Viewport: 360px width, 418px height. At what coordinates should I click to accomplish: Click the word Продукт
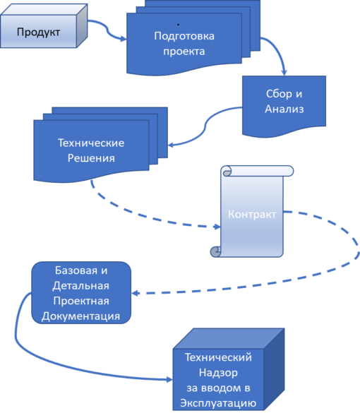coord(38,32)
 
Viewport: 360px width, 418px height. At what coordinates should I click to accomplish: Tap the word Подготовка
coord(184,36)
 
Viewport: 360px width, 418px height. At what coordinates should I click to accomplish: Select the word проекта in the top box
coord(184,51)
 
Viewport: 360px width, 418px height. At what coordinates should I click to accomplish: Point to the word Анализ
coord(284,109)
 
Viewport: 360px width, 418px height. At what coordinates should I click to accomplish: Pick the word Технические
coord(91,143)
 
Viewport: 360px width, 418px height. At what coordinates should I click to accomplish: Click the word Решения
coord(91,158)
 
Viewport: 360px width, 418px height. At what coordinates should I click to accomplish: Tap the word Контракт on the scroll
coord(252,215)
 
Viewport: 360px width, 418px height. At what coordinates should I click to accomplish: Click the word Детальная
coord(80,286)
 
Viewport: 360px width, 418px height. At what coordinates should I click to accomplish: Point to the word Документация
coord(80,316)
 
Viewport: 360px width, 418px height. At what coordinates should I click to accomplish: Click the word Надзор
coord(218,372)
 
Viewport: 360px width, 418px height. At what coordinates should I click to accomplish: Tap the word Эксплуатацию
coord(218,403)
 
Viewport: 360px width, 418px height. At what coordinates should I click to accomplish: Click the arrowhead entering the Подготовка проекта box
coord(124,39)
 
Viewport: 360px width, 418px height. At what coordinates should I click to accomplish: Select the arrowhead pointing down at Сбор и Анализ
coord(284,72)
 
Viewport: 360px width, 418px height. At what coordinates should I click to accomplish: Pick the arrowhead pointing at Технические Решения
coord(171,145)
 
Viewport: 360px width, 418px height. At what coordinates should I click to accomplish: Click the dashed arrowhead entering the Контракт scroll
coord(217,227)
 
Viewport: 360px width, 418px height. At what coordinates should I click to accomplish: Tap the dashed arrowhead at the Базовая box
coord(135,293)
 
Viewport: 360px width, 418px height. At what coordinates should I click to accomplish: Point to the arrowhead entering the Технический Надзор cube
coord(169,380)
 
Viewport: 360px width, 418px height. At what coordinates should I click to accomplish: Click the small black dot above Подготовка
coord(178,25)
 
